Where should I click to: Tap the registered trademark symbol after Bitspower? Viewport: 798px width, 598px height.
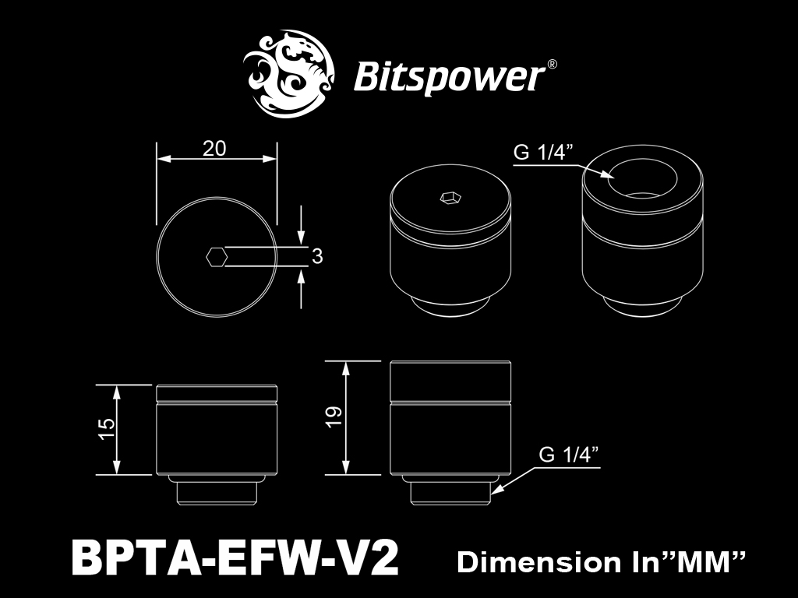pyautogui.click(x=552, y=64)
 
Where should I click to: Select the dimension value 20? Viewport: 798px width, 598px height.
pyautogui.click(x=214, y=149)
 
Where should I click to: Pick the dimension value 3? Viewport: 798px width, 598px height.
pyautogui.click(x=317, y=256)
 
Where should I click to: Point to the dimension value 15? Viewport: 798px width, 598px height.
pyautogui.click(x=108, y=430)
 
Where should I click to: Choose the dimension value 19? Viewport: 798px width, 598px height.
pyautogui.click(x=334, y=417)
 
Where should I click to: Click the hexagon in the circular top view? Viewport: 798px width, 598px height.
pyautogui.click(x=217, y=257)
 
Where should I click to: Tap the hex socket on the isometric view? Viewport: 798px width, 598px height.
pyautogui.click(x=450, y=197)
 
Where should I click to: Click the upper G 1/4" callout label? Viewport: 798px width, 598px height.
pyautogui.click(x=543, y=152)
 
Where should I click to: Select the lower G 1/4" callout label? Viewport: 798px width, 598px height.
pyautogui.click(x=568, y=454)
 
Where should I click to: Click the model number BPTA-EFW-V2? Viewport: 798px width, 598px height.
pyautogui.click(x=235, y=557)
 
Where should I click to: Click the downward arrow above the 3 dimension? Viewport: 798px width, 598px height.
pyautogui.click(x=302, y=226)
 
